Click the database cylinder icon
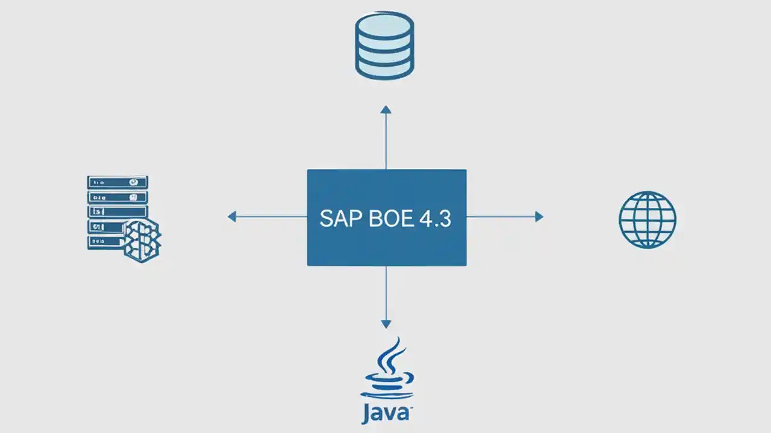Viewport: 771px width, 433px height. pos(384,46)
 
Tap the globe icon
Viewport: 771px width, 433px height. pos(648,220)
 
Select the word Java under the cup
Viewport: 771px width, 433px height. pos(386,414)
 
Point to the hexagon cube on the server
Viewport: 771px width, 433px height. pos(143,240)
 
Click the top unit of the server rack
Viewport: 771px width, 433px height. pos(117,182)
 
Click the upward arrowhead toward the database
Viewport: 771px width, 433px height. pos(386,109)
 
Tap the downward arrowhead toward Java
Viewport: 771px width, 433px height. pos(386,324)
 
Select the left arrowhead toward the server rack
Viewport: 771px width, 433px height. pos(232,216)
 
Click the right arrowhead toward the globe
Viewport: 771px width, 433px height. pos(539,216)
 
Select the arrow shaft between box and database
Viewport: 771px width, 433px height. pos(386,141)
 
